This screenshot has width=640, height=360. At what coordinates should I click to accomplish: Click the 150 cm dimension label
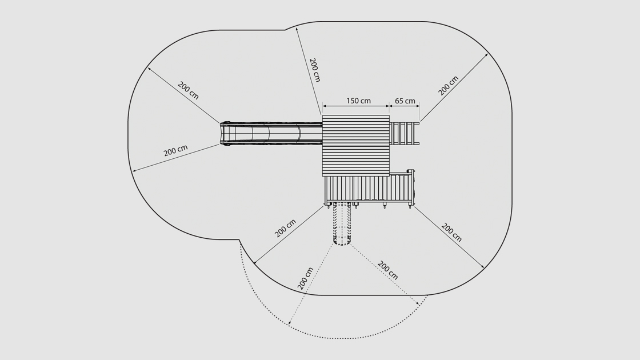coord(358,101)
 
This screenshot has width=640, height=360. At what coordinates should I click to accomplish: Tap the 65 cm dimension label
coord(405,101)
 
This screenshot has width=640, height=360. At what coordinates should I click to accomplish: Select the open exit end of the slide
coord(225,133)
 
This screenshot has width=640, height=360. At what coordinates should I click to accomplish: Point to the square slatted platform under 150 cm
coord(355,146)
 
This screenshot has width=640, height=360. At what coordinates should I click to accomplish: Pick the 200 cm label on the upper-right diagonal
coord(449,85)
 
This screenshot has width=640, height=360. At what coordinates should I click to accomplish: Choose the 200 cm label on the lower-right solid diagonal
coord(451,233)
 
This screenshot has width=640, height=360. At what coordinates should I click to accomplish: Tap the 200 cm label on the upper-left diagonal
coord(188,90)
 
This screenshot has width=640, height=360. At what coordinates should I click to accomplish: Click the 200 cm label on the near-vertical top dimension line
coord(314,69)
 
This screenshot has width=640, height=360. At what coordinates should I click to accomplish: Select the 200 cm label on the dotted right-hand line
coord(388,270)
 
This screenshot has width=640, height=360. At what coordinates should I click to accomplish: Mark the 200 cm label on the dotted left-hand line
coord(306,278)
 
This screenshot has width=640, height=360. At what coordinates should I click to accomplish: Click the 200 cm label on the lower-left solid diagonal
coord(285,228)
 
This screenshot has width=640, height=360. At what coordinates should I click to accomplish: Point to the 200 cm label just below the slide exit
coord(175,151)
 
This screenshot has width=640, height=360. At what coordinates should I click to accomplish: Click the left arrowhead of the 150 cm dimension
coord(324,106)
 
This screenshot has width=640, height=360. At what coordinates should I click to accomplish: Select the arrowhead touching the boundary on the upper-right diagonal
coord(487,55)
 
